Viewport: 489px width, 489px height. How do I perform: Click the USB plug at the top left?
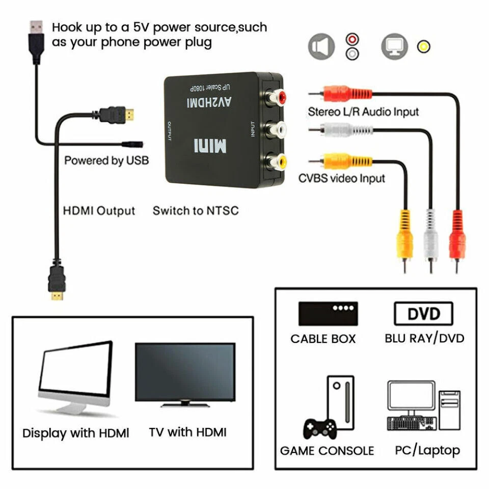pyautogui.click(x=36, y=36)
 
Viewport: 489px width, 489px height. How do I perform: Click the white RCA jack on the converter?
pyautogui.click(x=275, y=129)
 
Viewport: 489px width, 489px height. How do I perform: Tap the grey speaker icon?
pyautogui.click(x=321, y=46)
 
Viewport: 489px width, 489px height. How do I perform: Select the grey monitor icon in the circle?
pyautogui.click(x=394, y=46)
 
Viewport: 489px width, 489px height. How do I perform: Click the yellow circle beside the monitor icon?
pyautogui.click(x=423, y=47)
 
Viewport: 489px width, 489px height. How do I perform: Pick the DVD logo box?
pyautogui.click(x=423, y=314)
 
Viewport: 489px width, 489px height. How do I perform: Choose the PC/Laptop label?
pyautogui.click(x=427, y=450)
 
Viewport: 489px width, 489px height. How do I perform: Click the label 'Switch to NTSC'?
pyautogui.click(x=196, y=210)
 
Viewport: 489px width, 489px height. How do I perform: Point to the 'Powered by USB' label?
pyautogui.click(x=106, y=161)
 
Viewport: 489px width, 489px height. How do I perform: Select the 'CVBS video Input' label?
pyautogui.click(x=341, y=178)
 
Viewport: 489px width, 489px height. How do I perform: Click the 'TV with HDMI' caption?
pyautogui.click(x=187, y=432)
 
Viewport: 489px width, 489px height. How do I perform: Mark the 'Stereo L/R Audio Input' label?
pyautogui.click(x=363, y=112)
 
